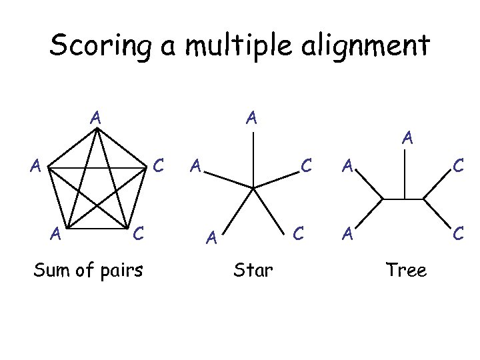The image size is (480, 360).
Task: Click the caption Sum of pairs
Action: (x=89, y=270)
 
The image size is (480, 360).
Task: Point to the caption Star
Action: (x=253, y=270)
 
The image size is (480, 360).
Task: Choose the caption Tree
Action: (x=406, y=270)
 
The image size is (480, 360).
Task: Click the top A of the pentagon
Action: (x=96, y=117)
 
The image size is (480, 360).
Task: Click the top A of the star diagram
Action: (x=251, y=119)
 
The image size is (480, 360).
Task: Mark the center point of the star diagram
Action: (x=253, y=187)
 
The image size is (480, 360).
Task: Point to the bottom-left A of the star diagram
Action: (x=211, y=237)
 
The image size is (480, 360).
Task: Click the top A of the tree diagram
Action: (x=407, y=139)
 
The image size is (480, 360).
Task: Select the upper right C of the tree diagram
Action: (x=458, y=164)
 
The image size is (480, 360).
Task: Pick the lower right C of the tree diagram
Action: (x=458, y=233)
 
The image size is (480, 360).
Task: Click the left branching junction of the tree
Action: (x=383, y=199)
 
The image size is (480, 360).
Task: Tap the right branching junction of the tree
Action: (x=425, y=199)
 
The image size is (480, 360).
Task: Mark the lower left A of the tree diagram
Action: (x=347, y=233)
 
